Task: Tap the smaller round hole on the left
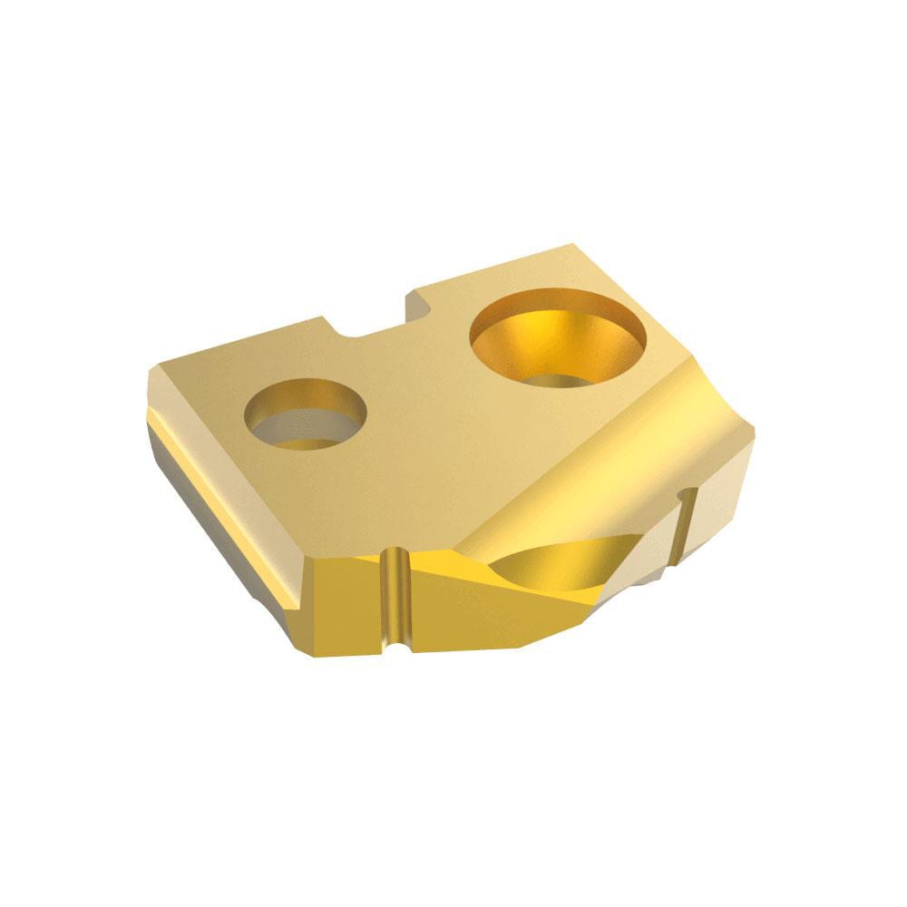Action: [x=306, y=415]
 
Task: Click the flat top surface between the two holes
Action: [x=417, y=381]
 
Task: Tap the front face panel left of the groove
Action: [x=349, y=603]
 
